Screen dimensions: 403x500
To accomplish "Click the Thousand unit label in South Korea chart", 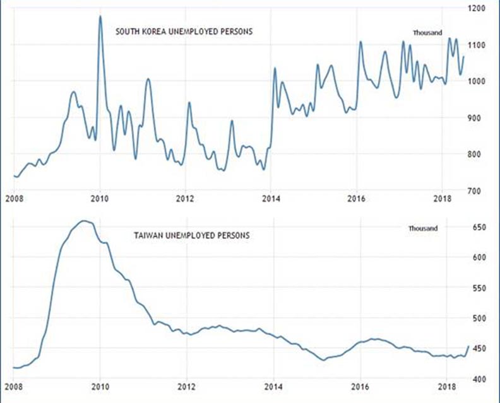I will [x=427, y=33].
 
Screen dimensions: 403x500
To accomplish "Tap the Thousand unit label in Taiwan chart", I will [x=422, y=228].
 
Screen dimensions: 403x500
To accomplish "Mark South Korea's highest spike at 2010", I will [x=100, y=16].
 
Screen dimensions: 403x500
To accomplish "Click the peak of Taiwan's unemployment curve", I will [x=85, y=221].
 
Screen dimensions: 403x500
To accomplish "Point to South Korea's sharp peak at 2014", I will [x=275, y=68].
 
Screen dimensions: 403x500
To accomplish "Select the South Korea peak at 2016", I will [x=360, y=42].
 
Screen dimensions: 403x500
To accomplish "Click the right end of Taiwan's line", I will [x=468, y=346].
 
